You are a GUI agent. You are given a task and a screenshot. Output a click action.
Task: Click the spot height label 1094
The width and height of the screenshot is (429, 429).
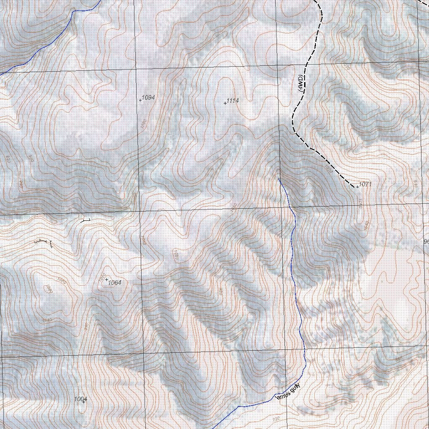point(148,97)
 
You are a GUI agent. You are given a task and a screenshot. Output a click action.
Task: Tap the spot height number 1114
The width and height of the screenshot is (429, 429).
point(233,101)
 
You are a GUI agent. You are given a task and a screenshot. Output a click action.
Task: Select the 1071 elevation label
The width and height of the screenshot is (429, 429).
point(365,184)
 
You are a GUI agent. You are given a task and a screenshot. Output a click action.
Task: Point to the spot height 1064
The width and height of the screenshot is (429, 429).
point(114,283)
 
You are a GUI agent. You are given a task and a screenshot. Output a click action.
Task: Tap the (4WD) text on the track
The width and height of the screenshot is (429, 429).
point(300,84)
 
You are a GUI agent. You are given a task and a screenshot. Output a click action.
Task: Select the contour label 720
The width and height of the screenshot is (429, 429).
point(275,419)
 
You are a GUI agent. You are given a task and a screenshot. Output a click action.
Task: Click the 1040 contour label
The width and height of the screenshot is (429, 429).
point(47,320)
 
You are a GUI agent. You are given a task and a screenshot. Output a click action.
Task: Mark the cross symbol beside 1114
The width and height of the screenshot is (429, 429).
point(225,103)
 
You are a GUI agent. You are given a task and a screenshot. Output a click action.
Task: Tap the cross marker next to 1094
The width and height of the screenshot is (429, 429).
point(140,100)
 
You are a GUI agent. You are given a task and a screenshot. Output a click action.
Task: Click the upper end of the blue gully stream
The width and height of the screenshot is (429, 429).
point(279,179)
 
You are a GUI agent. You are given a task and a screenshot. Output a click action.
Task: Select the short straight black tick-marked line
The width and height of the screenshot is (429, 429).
point(85,220)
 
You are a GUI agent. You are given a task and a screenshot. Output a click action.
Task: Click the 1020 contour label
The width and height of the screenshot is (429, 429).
point(176,255)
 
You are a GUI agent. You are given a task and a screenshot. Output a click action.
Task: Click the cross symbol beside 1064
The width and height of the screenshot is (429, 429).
point(106,279)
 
